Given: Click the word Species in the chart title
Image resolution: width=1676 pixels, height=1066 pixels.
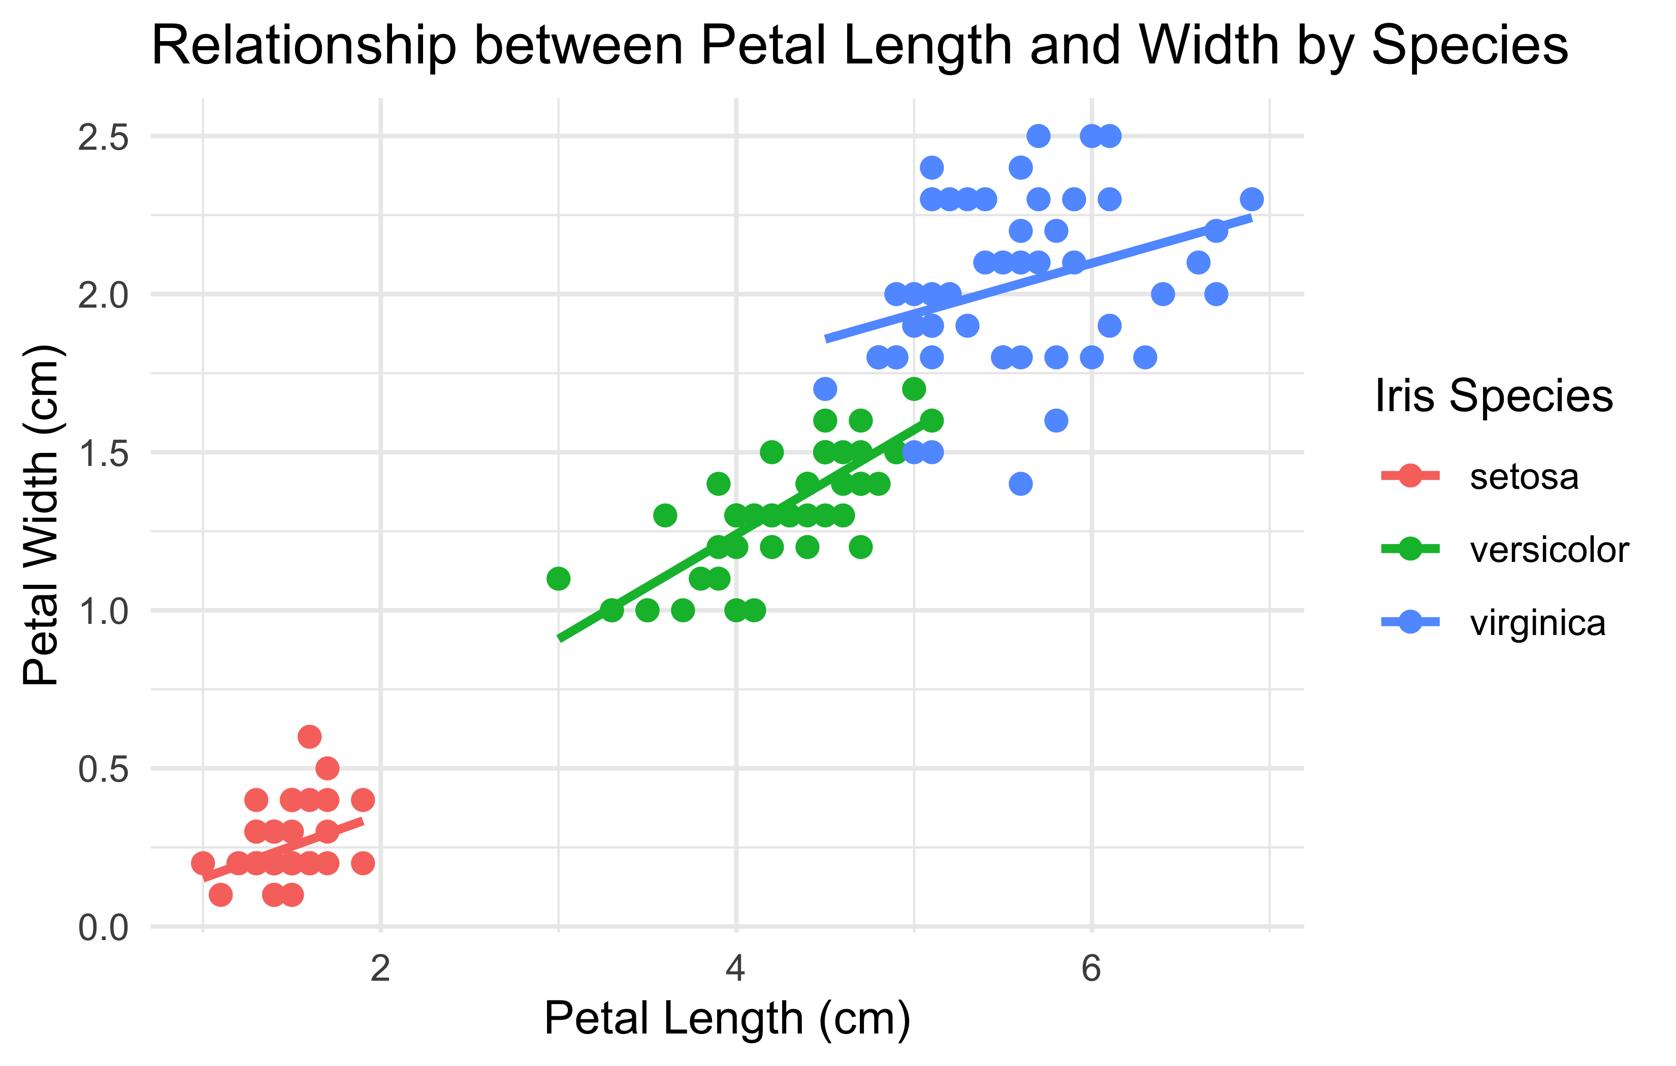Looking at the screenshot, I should point(1469,46).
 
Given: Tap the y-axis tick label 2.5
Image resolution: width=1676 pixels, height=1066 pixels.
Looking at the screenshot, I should point(103,137).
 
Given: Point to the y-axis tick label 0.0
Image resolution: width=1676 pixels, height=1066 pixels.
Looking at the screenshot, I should point(103,927).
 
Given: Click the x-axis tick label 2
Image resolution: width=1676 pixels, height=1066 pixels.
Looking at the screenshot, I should point(380,969).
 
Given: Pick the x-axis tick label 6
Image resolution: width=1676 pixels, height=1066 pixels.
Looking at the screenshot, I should point(1091,969).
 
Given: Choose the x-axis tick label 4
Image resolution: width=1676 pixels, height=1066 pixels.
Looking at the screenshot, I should point(736,969).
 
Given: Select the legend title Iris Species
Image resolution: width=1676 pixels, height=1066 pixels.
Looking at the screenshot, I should point(1494,396).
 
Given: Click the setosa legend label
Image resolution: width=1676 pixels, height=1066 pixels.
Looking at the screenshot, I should point(1524,477).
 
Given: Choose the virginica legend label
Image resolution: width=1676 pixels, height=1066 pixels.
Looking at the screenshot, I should point(1537,623).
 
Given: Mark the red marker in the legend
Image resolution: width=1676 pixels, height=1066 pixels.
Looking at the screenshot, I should point(1410,477).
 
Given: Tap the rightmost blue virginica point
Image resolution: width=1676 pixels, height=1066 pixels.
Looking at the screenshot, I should point(1251,199).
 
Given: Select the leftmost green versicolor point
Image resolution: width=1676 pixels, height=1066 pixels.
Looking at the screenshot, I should point(558,578).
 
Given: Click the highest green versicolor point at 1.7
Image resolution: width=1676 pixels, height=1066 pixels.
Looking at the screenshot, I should point(914,388).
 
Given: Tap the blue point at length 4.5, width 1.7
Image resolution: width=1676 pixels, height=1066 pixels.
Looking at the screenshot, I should point(825,388).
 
